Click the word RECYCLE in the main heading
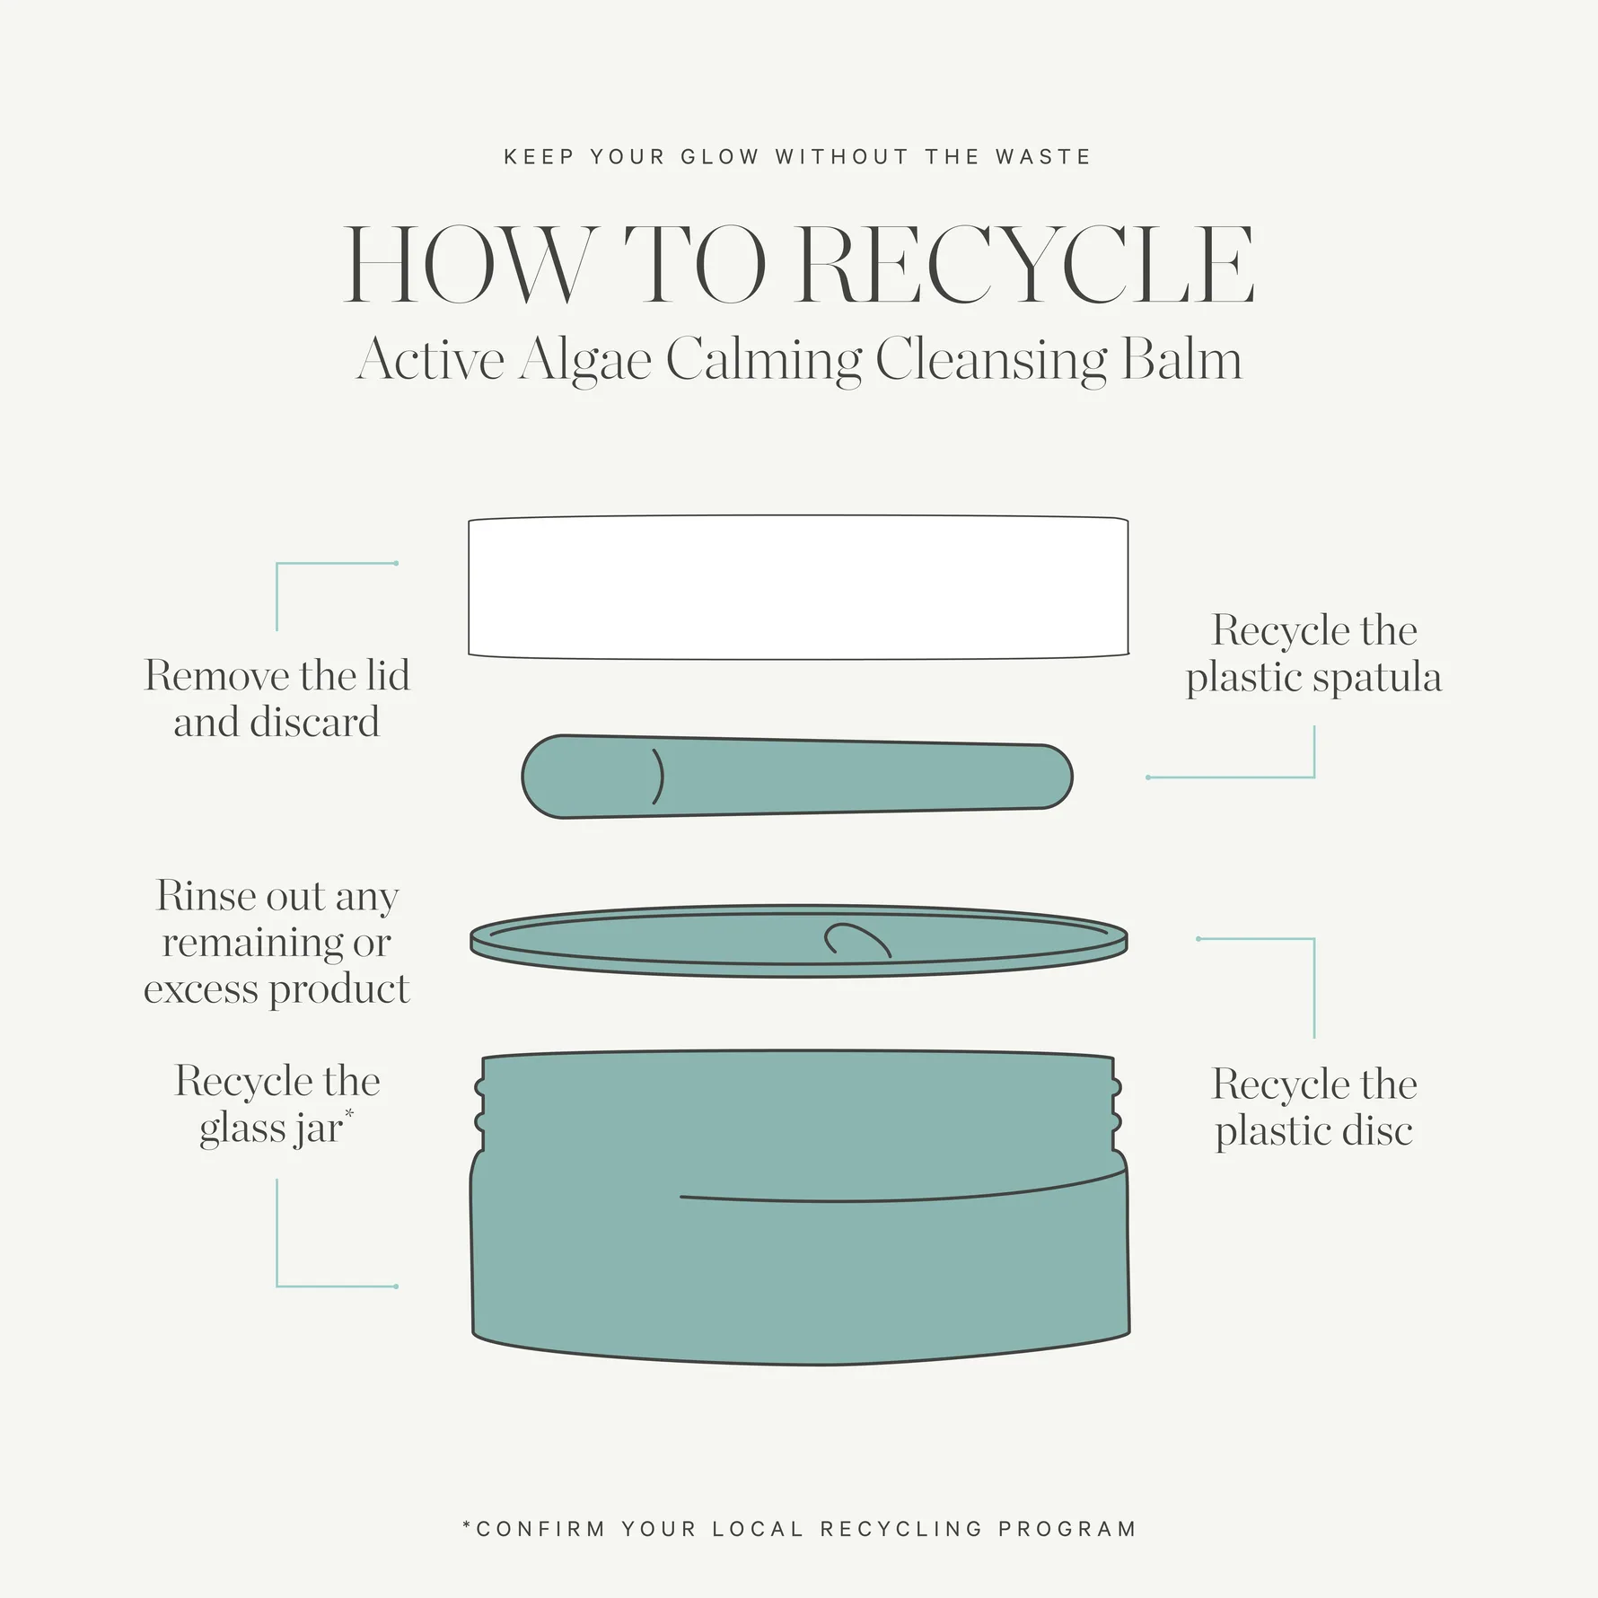pyautogui.click(x=1026, y=265)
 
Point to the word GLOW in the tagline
pyautogui.click(x=720, y=157)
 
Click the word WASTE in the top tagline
pyautogui.click(x=1043, y=157)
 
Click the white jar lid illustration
pyautogui.click(x=798, y=587)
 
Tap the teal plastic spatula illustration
pyautogui.click(x=797, y=777)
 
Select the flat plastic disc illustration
pyautogui.click(x=799, y=940)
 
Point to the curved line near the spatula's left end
pyautogui.click(x=660, y=776)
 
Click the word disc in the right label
pyautogui.click(x=1377, y=1130)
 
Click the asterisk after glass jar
pyautogui.click(x=349, y=1114)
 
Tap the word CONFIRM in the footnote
pyautogui.click(x=541, y=1529)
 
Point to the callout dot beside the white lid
pyautogui.click(x=396, y=564)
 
